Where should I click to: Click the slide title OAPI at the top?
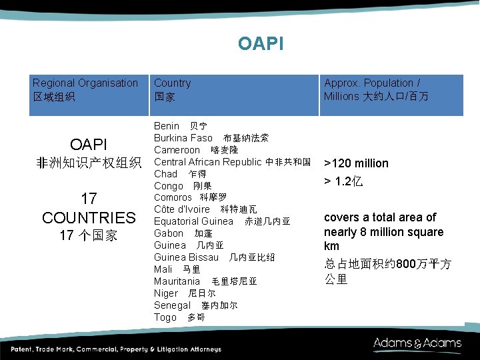[260, 44]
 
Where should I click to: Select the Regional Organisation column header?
[85, 89]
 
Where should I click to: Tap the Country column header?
[172, 89]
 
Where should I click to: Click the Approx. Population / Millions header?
[376, 89]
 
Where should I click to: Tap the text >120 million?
[356, 163]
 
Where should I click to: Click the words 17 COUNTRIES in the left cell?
[89, 208]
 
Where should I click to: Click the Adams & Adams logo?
[417, 344]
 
